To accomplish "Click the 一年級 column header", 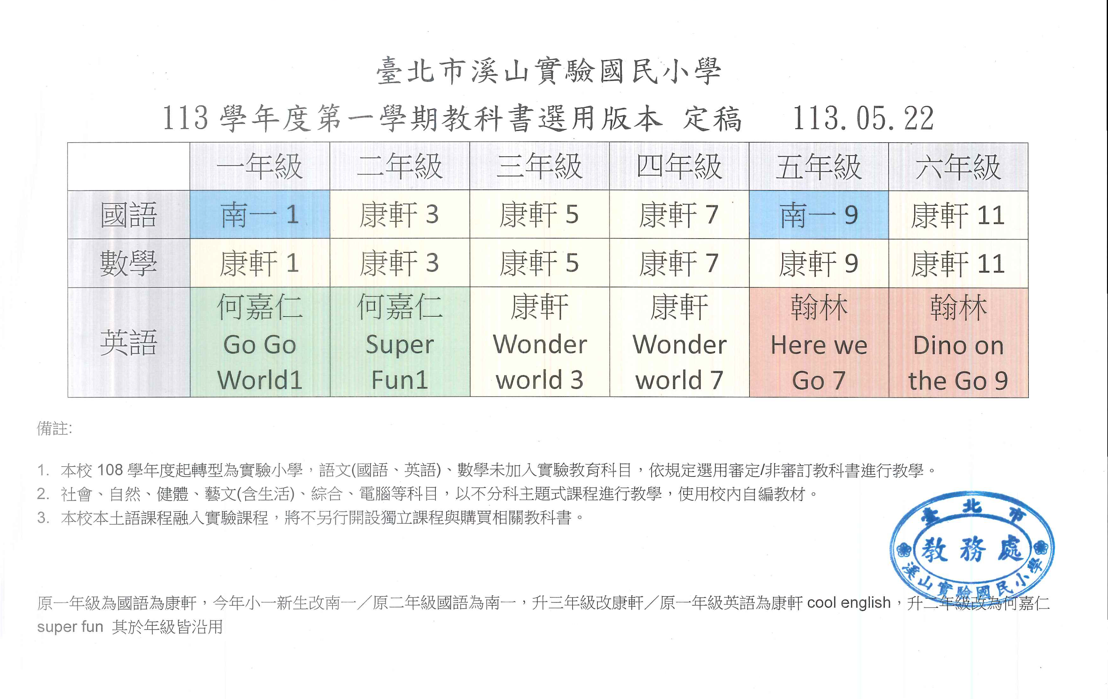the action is point(259,166).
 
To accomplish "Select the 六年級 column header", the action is point(958,167).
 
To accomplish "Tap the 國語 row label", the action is point(129,215).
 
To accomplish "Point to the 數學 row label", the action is point(129,263).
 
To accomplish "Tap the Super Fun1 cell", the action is point(399,342).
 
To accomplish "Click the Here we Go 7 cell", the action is point(819,342).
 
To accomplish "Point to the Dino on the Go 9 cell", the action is point(958,342).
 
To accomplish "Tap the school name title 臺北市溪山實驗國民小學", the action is point(548,71).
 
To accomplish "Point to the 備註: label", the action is point(54,429).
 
